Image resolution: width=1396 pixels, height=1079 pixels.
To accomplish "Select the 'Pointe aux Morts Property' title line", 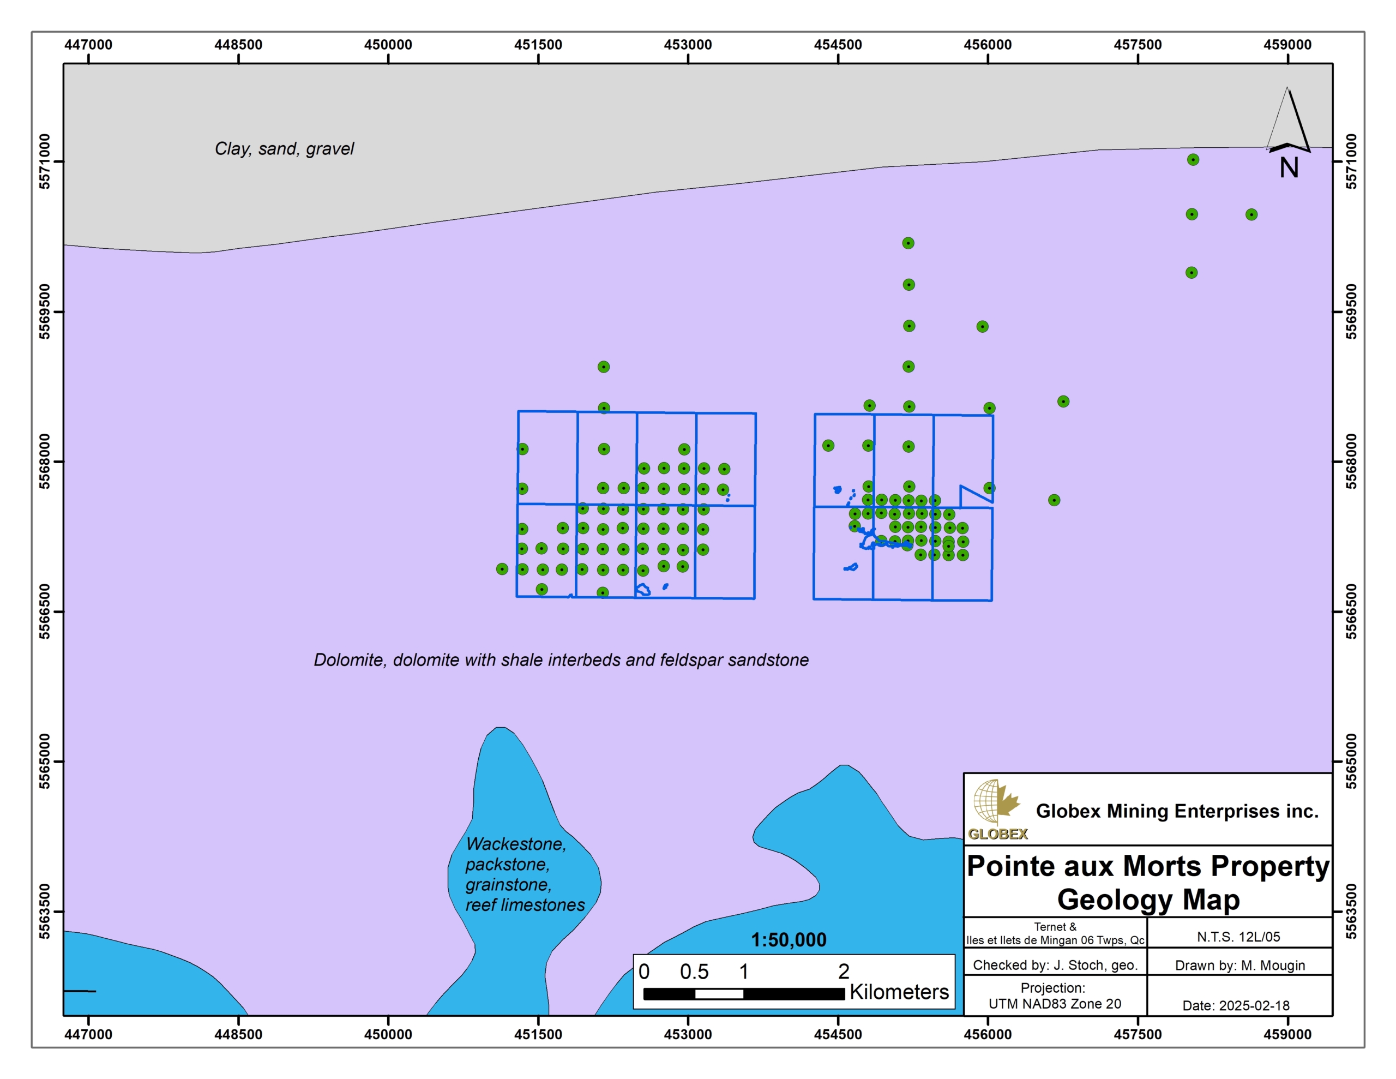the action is pos(1148,867).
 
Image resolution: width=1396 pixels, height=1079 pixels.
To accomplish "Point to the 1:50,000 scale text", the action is pos(788,939).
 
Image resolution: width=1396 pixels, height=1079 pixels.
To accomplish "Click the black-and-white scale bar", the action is pos(743,994).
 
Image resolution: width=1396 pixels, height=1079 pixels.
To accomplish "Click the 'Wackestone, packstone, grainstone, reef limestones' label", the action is pos(524,874).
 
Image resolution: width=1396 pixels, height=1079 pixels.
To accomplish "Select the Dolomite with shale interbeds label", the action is pos(561,660).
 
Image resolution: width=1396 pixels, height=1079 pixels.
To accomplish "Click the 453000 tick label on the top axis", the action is pos(688,45).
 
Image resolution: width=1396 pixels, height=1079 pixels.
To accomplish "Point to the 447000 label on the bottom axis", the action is pos(88,1034).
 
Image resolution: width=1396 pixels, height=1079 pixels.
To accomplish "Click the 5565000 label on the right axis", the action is pos(1351,761).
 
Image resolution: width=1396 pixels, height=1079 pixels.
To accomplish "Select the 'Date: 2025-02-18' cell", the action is pos(1236,1005).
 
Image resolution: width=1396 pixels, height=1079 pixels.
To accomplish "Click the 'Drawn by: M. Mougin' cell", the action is pos(1239,965).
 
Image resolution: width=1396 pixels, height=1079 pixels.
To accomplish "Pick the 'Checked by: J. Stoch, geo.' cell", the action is pos(1055,965).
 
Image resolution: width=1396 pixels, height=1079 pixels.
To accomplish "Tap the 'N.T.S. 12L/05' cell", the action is pos(1238,937).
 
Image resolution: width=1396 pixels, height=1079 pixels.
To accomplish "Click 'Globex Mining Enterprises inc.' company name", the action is pos(1177,811).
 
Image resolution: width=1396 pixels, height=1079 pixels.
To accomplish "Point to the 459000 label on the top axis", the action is pos(1287,45).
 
